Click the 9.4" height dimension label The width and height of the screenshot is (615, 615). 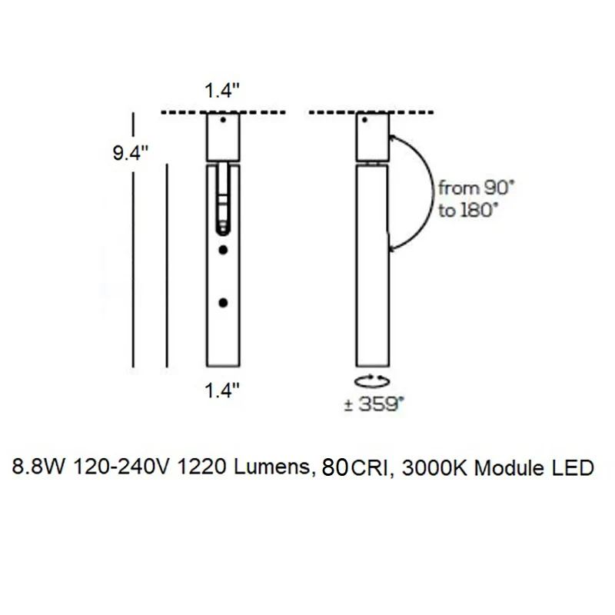[131, 152]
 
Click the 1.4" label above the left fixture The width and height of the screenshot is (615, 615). [222, 91]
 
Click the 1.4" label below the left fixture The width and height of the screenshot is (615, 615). [222, 391]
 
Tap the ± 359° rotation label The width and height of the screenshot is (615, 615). [374, 404]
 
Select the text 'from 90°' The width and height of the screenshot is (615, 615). [476, 188]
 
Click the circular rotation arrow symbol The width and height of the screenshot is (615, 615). [372, 381]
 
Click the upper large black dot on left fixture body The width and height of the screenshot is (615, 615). [223, 250]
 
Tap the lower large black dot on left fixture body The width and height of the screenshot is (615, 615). [223, 303]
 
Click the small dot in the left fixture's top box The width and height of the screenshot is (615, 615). [223, 120]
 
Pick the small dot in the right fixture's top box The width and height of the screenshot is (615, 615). [364, 120]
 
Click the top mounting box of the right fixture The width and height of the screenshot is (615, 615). [373, 137]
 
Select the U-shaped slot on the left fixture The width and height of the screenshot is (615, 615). [223, 200]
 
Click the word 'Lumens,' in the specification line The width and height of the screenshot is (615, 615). [275, 467]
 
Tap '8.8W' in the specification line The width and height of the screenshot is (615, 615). [38, 467]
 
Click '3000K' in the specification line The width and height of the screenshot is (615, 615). [435, 468]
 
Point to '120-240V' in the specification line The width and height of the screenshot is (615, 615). [122, 467]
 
